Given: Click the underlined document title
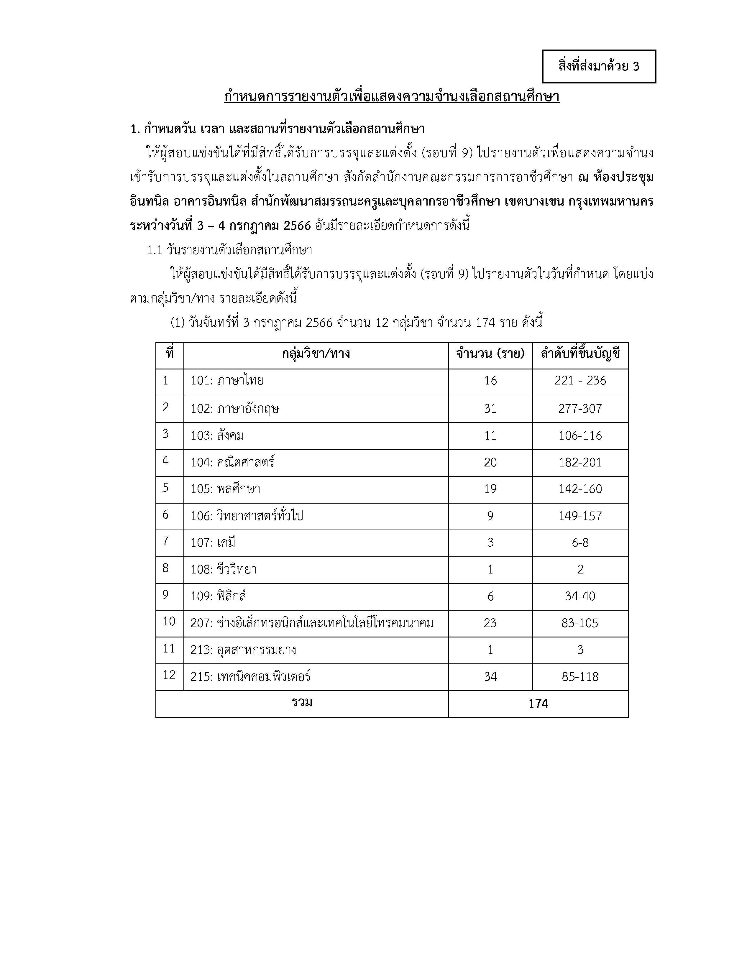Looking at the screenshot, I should point(392,97).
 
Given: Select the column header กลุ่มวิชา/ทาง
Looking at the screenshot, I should point(316,354).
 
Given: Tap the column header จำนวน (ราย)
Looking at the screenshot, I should point(490,354).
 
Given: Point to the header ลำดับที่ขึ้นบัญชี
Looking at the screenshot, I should point(580,354).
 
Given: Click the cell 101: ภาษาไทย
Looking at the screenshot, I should point(227,381).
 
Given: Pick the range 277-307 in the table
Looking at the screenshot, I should point(580,409).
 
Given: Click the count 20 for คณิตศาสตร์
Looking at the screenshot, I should point(490,462).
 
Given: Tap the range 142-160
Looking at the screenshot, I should point(580,489).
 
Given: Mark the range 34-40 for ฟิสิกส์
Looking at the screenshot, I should point(580,596).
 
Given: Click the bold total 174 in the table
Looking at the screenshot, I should point(538,704).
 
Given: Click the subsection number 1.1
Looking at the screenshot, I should point(154,250).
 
